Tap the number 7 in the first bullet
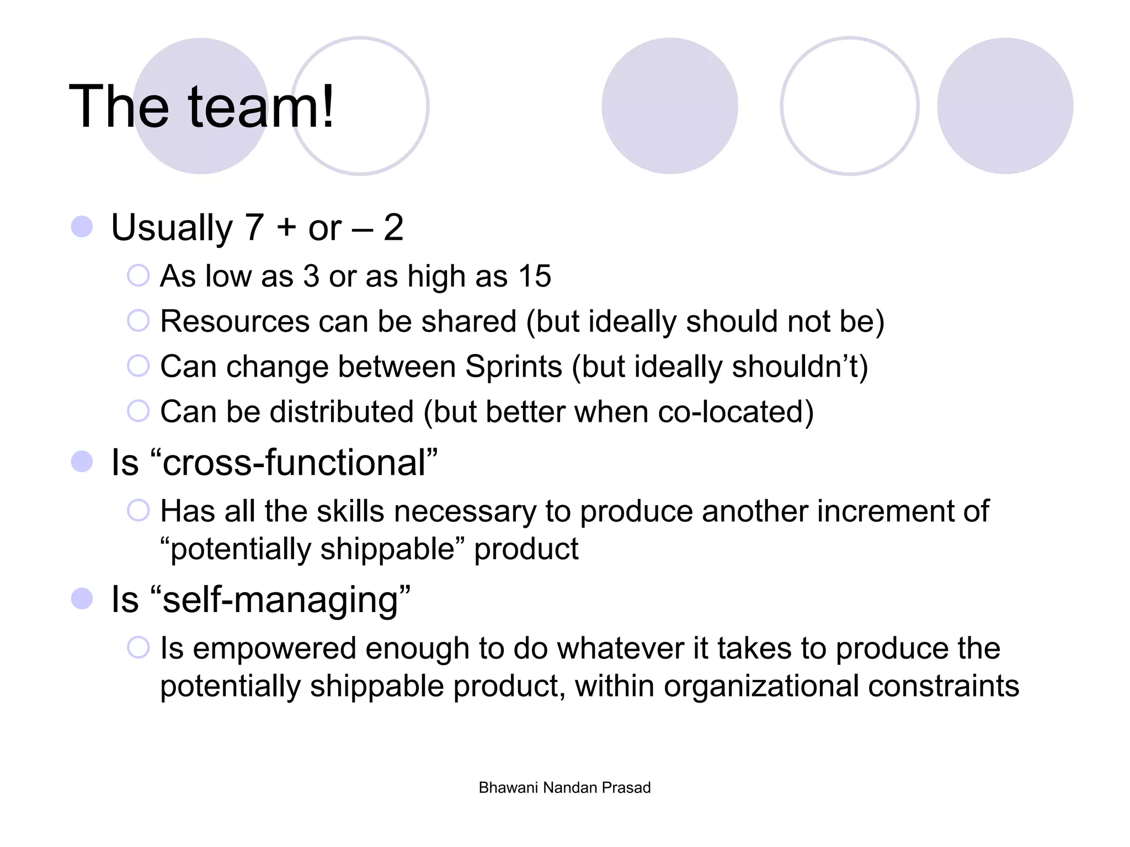click(254, 227)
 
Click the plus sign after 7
click(287, 227)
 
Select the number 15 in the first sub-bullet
click(534, 276)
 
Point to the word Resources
click(234, 321)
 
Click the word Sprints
click(513, 367)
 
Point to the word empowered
click(274, 648)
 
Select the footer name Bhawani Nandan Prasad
click(564, 787)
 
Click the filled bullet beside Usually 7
click(82, 227)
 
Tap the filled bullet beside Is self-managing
click(82, 599)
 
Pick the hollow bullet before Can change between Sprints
click(138, 366)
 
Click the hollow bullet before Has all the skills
click(138, 510)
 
